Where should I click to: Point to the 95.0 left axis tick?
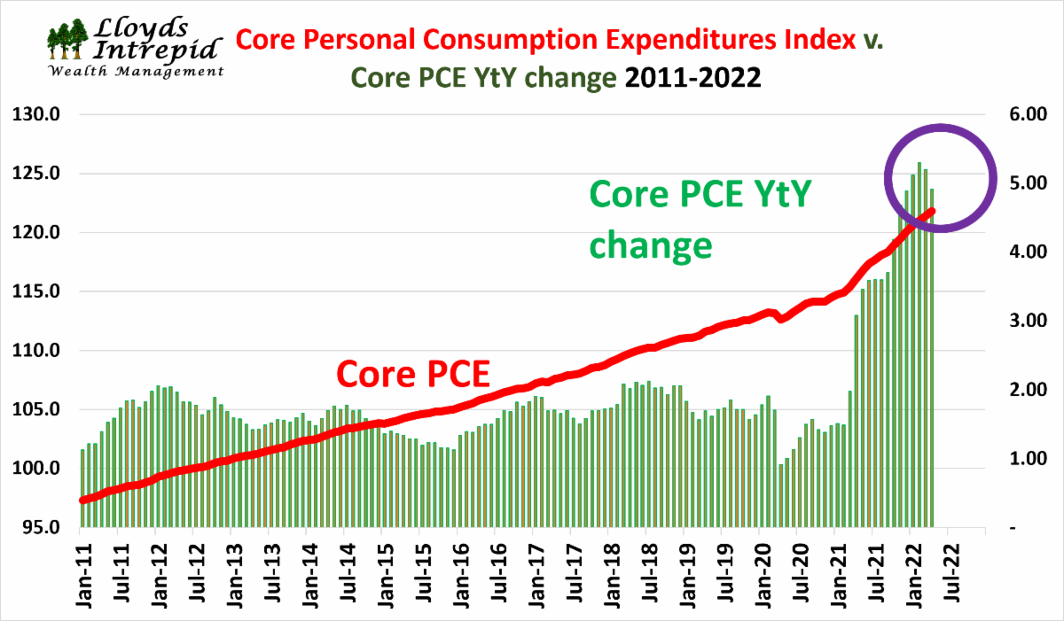tap(35, 528)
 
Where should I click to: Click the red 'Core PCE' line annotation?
tap(413, 374)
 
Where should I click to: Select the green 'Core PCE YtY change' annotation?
tap(700, 219)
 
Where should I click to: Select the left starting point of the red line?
tap(82, 500)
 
